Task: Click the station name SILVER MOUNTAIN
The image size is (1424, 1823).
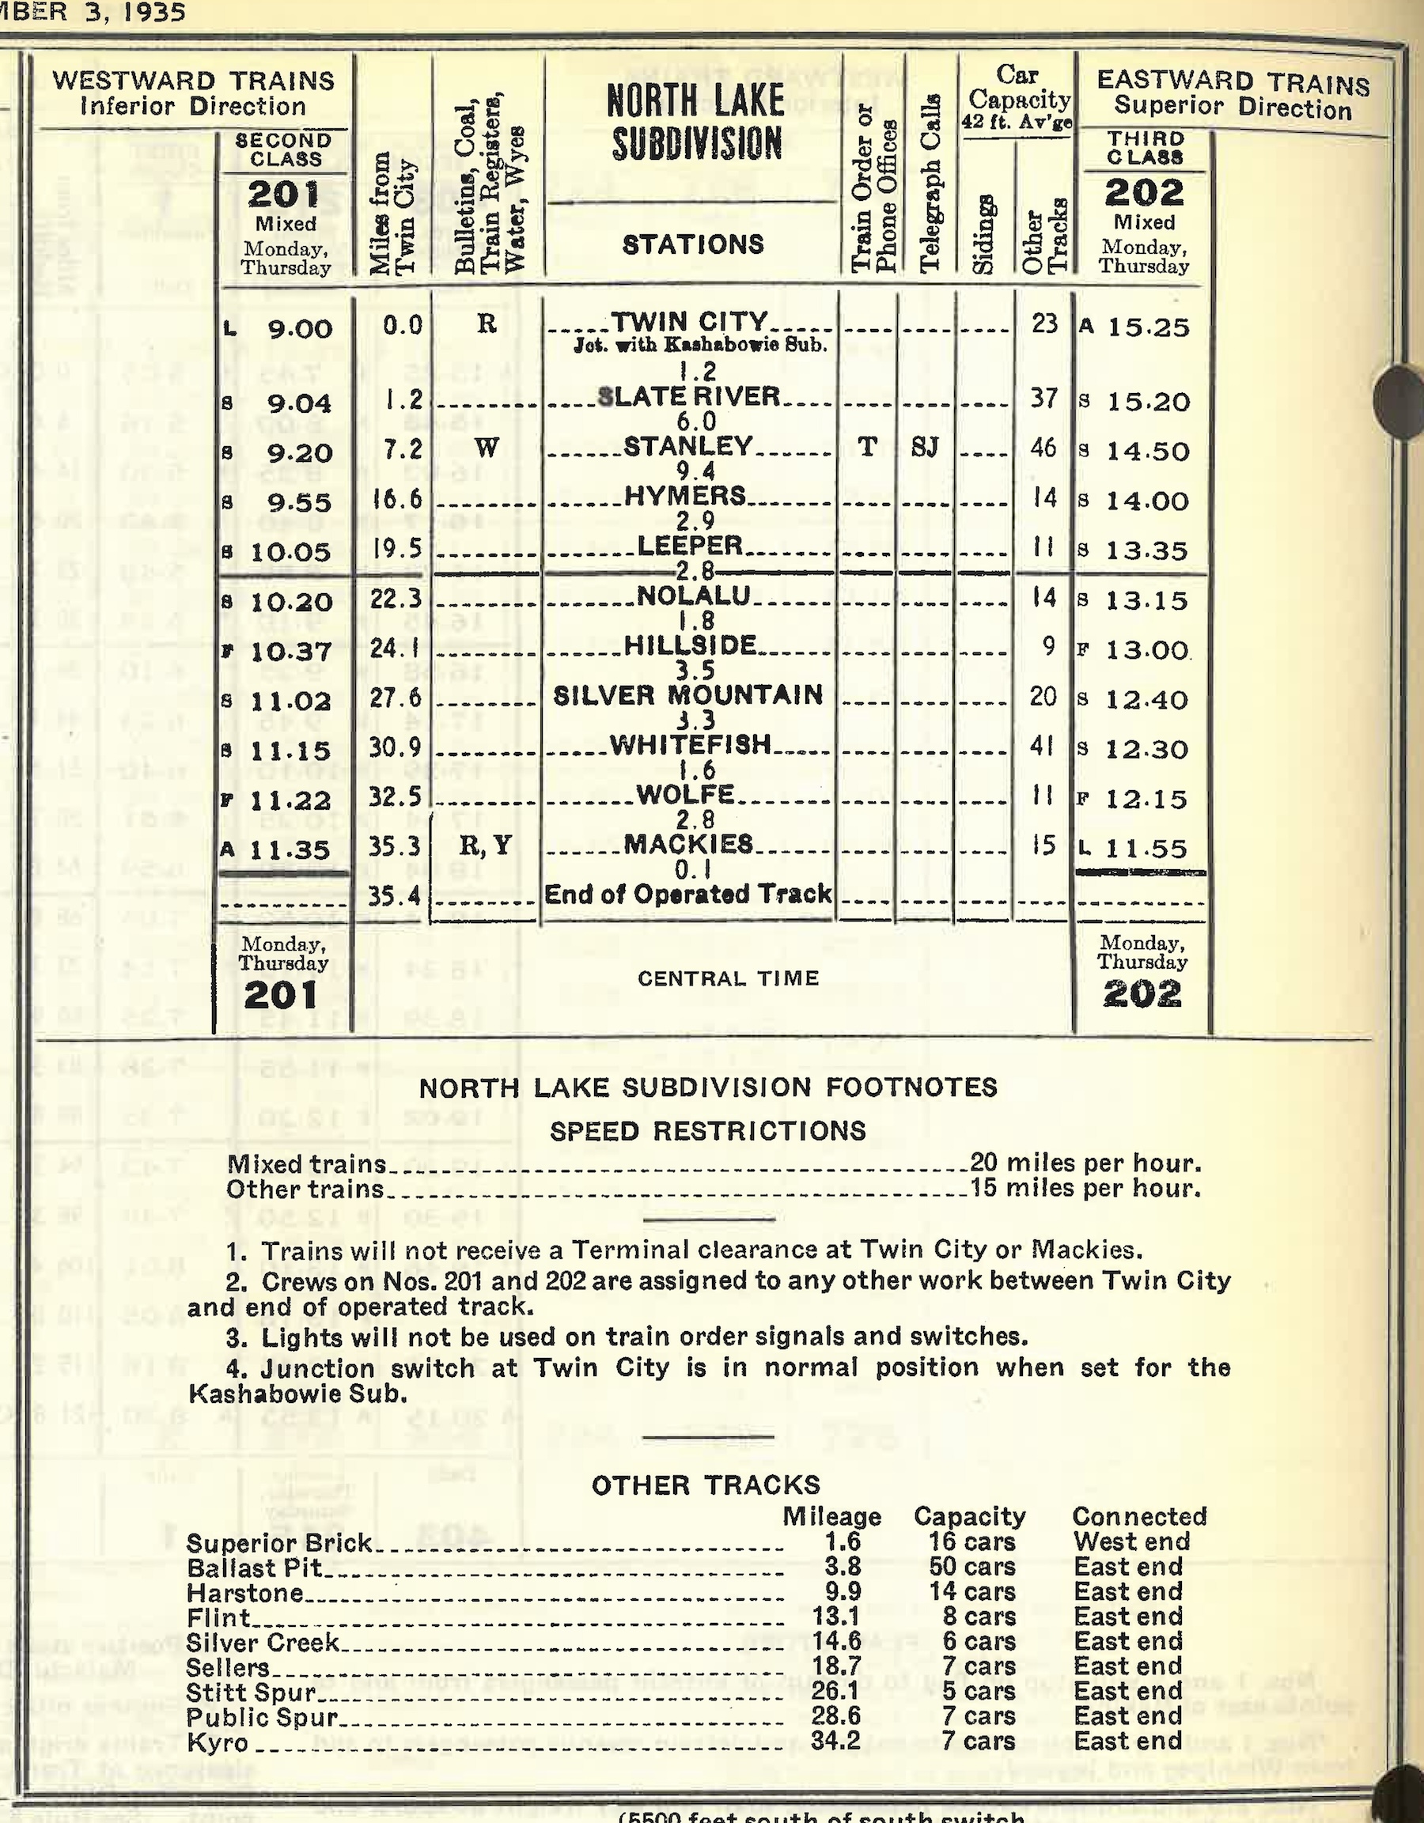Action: click(687, 695)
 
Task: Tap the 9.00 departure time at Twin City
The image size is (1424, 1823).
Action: click(300, 328)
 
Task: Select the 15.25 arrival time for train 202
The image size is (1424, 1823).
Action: click(1148, 327)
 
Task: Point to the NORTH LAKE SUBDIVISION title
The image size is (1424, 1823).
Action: click(695, 123)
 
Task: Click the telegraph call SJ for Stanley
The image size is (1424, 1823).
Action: click(924, 448)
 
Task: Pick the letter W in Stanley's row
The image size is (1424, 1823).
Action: click(487, 448)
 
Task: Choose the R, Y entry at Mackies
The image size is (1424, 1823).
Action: click(485, 845)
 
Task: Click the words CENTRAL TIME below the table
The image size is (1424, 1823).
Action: click(728, 978)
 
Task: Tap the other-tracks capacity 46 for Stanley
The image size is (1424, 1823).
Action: click(1043, 448)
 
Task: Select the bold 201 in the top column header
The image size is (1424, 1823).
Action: click(284, 195)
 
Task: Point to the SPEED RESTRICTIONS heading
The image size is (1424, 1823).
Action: click(708, 1131)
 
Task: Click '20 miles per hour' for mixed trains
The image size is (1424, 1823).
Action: click(1085, 1163)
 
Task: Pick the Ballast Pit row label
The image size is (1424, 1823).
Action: click(255, 1568)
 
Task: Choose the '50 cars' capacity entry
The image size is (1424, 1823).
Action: click(971, 1567)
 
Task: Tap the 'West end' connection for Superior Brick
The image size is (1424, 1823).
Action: click(1131, 1541)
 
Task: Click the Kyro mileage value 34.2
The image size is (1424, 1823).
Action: click(835, 1742)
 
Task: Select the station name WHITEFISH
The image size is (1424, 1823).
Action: click(691, 744)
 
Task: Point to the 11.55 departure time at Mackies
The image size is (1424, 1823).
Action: click(1146, 849)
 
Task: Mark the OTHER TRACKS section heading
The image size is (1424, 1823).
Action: click(706, 1485)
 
